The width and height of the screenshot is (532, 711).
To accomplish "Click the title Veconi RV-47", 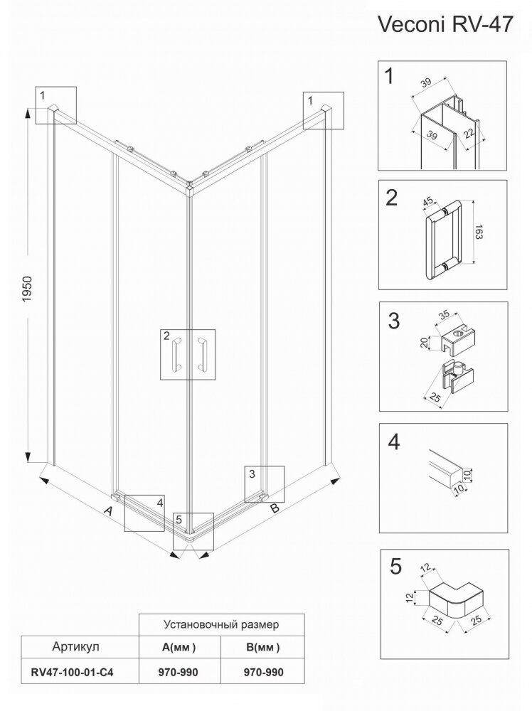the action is click(445, 24).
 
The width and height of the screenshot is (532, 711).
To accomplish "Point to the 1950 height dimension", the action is click(27, 289).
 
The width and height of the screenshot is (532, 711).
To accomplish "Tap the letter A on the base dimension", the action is click(108, 511).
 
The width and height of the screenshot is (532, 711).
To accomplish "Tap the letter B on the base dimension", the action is click(275, 508).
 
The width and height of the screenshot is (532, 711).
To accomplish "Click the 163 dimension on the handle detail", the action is click(481, 234).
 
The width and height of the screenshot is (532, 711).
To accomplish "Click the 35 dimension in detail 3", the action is click(445, 314).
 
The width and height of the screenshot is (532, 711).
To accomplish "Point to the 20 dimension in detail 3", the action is click(424, 343).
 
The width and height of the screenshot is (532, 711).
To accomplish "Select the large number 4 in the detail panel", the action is click(394, 442).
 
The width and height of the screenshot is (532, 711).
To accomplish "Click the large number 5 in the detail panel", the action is click(395, 567).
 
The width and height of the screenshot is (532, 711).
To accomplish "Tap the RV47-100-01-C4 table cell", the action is click(72, 672).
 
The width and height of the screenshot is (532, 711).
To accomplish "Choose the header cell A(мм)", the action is click(179, 647).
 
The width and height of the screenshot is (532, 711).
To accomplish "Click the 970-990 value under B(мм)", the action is click(263, 672).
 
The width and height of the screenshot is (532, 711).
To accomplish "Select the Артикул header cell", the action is click(75, 646).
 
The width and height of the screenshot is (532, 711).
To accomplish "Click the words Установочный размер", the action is click(221, 624).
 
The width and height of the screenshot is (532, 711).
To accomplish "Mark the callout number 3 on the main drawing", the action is click(252, 474).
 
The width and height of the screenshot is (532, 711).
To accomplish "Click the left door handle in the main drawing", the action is click(176, 353).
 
